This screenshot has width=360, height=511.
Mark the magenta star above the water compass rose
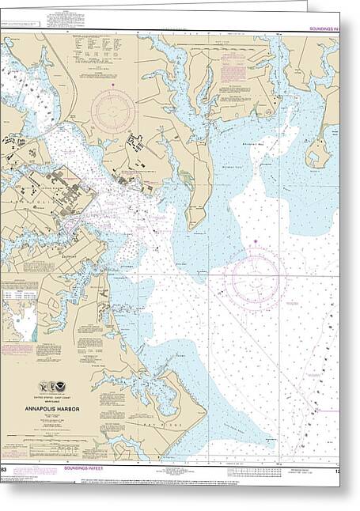255,240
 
